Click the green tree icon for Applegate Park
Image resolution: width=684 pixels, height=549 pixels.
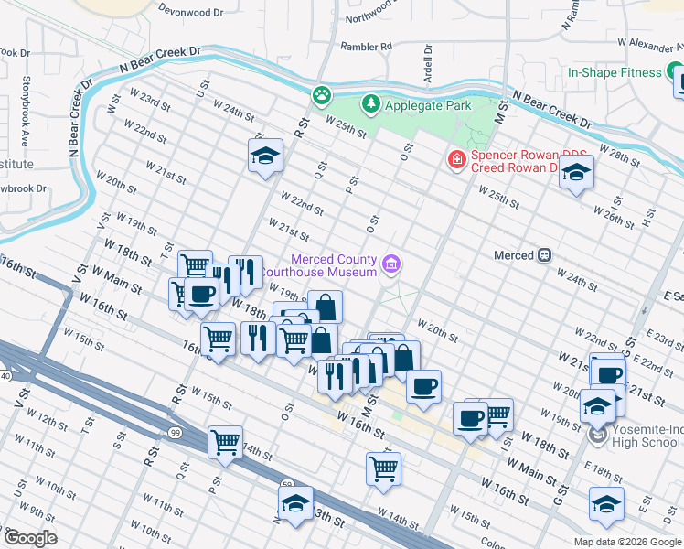[x=370, y=105]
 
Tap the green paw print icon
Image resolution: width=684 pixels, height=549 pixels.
[x=321, y=94]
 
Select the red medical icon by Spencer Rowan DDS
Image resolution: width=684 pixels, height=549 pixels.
[x=454, y=160]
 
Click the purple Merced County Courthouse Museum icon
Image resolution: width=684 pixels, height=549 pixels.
[x=391, y=265]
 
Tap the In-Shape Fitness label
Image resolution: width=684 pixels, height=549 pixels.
[x=614, y=72]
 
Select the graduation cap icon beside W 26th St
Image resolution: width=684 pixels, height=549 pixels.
[x=576, y=173]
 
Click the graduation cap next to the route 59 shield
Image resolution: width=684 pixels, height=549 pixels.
[x=295, y=504]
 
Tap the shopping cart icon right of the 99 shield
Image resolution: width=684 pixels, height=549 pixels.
[x=225, y=443]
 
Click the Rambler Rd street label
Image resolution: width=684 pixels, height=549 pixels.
[x=366, y=46]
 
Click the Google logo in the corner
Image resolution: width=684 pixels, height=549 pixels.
[x=30, y=538]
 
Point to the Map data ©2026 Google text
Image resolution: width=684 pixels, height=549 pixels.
[x=626, y=542]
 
